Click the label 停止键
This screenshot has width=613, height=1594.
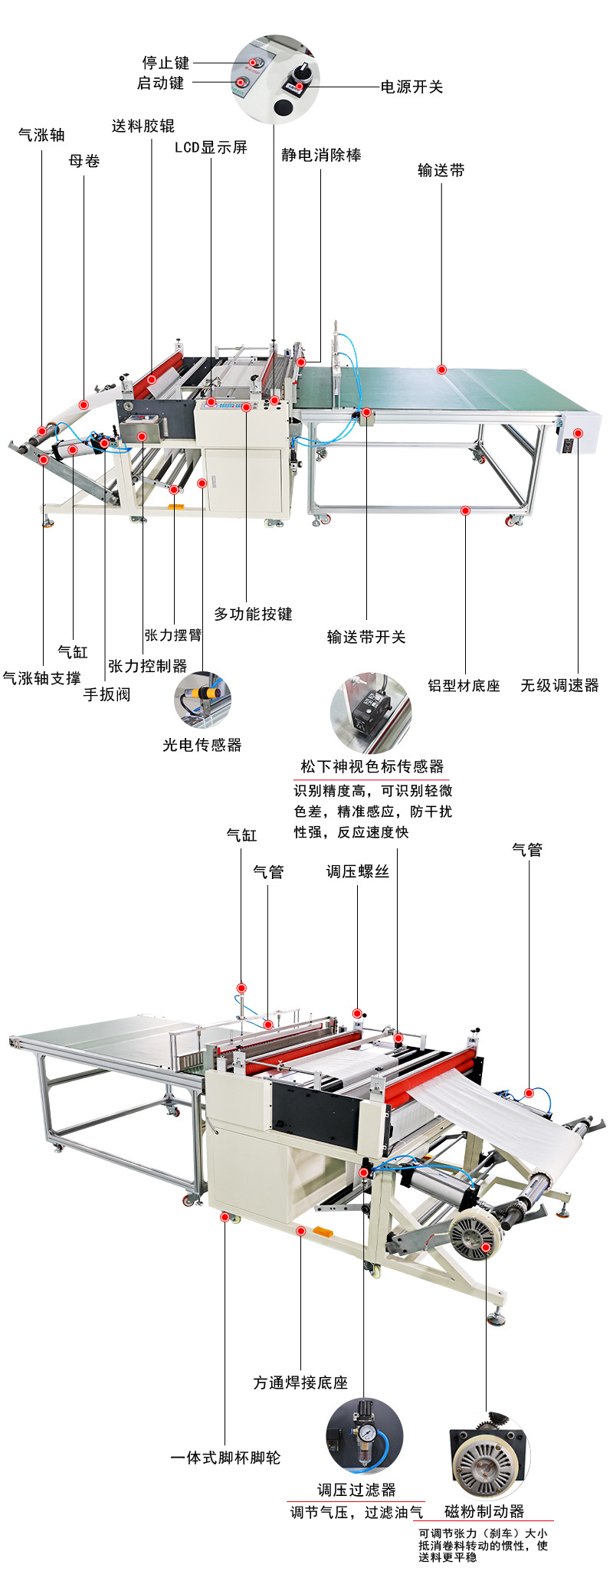point(166,63)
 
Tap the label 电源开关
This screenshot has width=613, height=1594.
point(411,87)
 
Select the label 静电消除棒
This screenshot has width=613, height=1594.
point(321,155)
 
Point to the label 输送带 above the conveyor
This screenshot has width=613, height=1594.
point(441,170)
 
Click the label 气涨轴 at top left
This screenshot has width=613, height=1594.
point(41,135)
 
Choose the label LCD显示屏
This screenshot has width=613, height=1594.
point(211,147)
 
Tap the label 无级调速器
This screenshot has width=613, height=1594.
point(559,685)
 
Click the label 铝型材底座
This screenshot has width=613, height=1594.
point(464,685)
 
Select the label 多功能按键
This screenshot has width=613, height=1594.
point(253,614)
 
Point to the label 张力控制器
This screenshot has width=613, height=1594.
point(148,666)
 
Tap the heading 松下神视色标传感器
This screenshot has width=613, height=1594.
point(372,766)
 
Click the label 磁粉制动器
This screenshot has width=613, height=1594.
point(484,1511)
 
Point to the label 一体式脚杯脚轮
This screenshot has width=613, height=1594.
point(225,1457)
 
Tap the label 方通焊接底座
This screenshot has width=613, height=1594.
point(300,1382)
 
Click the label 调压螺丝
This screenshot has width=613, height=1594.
point(358,871)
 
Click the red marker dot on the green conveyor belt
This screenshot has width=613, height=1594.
point(441,369)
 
